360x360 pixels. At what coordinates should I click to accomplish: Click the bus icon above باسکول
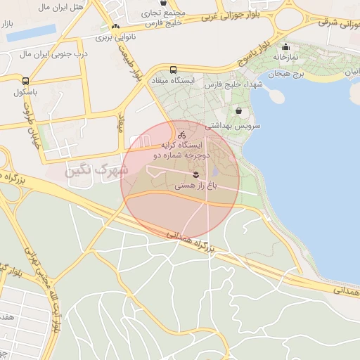(x=26, y=81)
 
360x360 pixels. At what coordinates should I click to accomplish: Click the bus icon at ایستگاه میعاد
(x=173, y=70)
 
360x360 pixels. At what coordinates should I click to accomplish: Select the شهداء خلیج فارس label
(x=228, y=84)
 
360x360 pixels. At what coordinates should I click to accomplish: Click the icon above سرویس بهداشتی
(x=240, y=111)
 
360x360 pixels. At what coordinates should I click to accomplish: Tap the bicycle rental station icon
(x=181, y=134)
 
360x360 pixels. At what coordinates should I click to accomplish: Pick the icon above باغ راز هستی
(x=196, y=174)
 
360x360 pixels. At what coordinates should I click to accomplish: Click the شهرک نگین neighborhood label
(x=96, y=169)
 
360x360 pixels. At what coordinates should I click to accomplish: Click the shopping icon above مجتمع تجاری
(x=163, y=3)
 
